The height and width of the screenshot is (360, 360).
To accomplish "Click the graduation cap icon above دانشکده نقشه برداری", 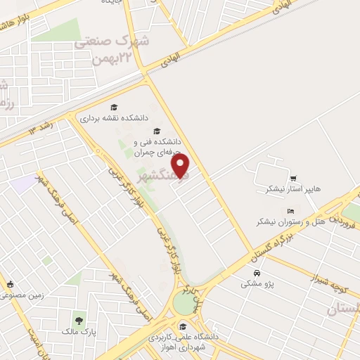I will point(114,107).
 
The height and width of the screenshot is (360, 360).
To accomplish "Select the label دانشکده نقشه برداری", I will point(112,119).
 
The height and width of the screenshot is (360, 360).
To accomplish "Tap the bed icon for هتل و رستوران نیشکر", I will point(290,210).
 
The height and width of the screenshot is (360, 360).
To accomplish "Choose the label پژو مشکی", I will point(253,283).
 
